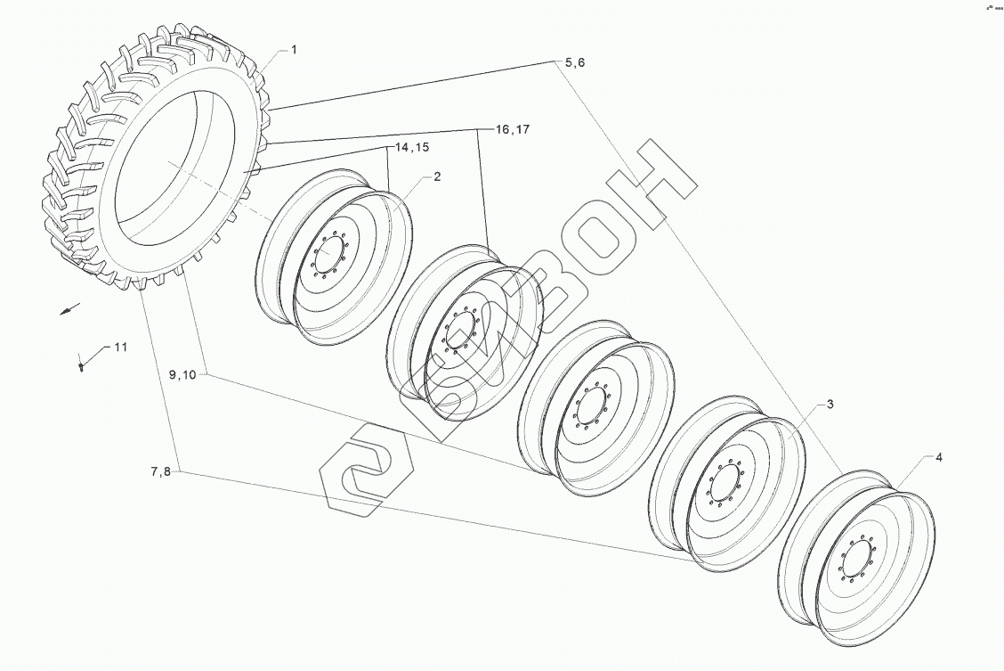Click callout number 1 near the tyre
295,51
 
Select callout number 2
437,176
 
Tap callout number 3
830,405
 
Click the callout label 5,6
574,62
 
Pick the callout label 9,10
182,375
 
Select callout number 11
120,347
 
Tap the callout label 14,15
405,148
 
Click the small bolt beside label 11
82,364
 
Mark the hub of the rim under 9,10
591,410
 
